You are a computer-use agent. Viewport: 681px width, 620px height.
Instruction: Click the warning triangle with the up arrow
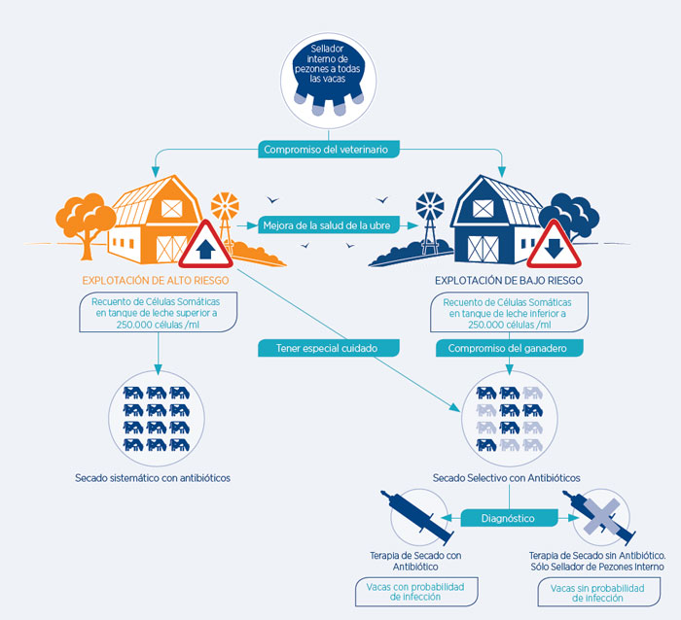coord(205,247)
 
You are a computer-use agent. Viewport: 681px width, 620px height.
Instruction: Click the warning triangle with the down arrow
coord(554,247)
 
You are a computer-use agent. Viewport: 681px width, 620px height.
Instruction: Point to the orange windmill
coord(226,222)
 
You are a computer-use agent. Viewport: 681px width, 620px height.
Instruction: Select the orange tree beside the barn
coord(86,224)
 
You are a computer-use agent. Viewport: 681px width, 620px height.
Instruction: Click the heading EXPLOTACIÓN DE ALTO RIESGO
coord(156,280)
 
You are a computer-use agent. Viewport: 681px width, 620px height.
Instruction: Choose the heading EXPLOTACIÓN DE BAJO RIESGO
coord(509,280)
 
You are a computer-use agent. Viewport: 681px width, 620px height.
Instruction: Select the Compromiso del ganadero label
coord(509,348)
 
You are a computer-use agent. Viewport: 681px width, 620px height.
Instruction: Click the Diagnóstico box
coord(509,518)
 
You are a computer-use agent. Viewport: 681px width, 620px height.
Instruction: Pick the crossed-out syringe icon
coord(600,517)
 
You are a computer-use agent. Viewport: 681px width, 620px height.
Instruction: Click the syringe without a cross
coord(418,517)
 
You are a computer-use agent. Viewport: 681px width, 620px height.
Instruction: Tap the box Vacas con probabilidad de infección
coord(416,592)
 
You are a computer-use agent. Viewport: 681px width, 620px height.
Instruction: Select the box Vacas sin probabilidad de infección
coord(598,593)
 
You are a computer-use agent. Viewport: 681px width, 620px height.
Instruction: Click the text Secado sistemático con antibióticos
coord(153,478)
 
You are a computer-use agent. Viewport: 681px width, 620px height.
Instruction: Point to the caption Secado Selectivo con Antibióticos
coord(507,478)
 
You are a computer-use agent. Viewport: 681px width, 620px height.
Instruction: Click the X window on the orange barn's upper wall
coord(172,208)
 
